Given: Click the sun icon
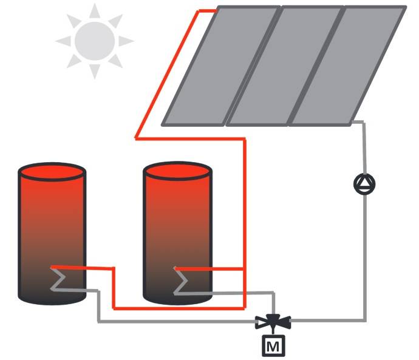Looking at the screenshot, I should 94,41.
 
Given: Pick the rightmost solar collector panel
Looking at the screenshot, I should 349,66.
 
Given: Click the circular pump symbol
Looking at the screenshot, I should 364,183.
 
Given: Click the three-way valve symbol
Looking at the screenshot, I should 273,320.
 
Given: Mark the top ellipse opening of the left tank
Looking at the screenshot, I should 52,172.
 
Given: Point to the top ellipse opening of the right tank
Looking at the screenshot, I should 177,172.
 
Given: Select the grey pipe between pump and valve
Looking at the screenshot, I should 364,255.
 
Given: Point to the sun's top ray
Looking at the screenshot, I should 94,11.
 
